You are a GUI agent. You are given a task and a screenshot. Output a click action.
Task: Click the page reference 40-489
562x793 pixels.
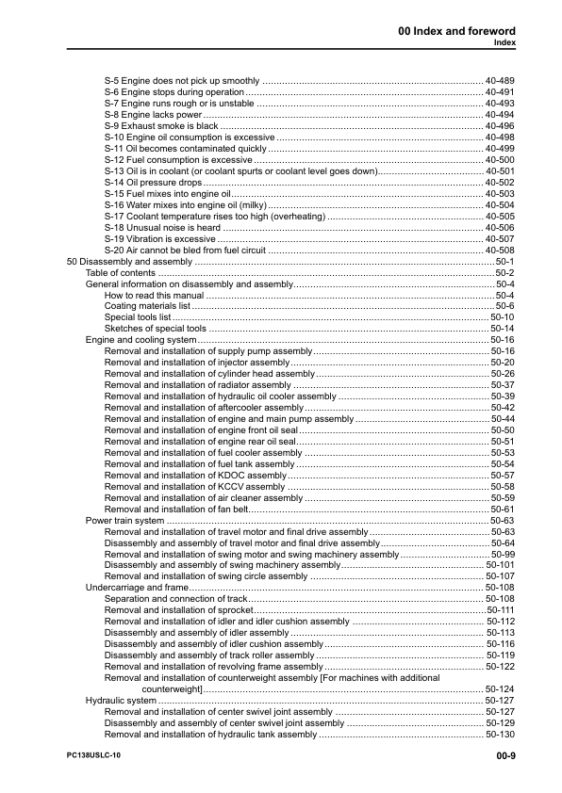pos(500,81)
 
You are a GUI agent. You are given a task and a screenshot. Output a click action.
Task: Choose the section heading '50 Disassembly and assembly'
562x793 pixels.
pos(124,261)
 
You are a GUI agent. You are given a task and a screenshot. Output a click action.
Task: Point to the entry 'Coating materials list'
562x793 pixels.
pos(147,305)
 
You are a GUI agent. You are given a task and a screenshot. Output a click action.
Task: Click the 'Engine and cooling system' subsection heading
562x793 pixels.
pos(140,339)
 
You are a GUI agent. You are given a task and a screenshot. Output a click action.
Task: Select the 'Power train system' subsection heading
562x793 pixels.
pos(124,520)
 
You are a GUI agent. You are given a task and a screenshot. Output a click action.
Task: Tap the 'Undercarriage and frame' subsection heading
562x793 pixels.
pos(137,587)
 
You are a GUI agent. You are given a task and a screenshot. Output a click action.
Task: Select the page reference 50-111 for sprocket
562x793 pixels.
pos(500,609)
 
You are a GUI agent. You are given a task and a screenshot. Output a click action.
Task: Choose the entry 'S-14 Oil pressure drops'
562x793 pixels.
pos(154,182)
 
